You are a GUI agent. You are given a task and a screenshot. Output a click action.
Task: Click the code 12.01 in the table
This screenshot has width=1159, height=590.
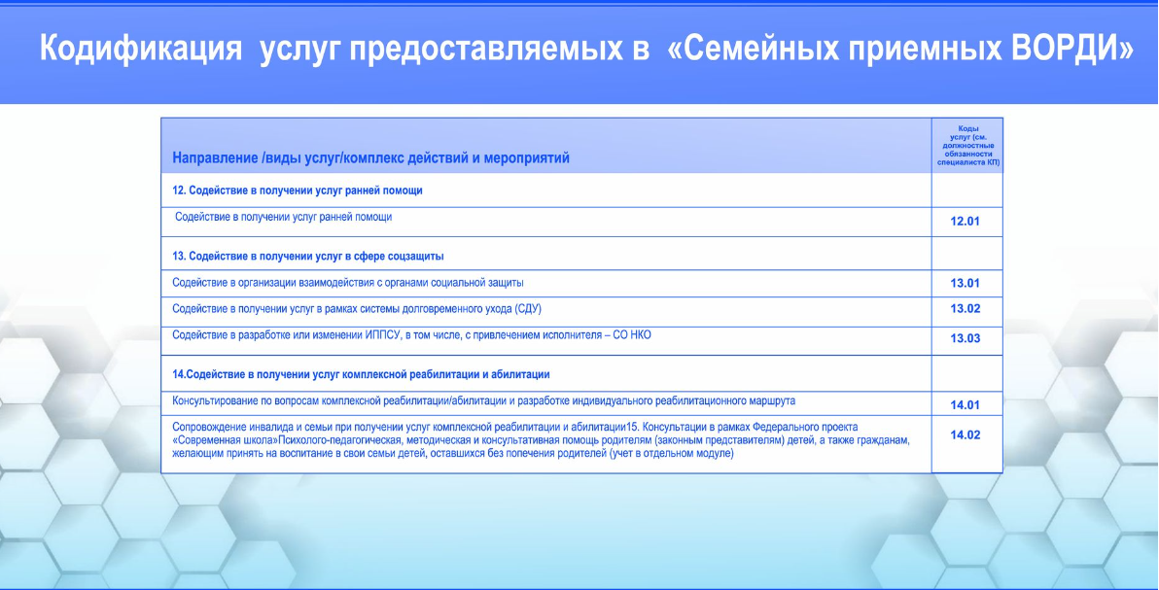click(965, 221)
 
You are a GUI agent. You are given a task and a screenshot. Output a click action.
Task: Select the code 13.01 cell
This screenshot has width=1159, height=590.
click(965, 283)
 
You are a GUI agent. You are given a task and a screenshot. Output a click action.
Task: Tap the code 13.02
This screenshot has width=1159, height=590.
click(965, 309)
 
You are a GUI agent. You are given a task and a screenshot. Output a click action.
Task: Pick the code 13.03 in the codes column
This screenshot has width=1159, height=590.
click(965, 338)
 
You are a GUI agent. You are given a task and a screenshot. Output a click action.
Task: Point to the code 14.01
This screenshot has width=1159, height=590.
click(965, 405)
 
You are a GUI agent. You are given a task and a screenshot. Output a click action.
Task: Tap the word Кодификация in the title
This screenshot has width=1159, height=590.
click(141, 50)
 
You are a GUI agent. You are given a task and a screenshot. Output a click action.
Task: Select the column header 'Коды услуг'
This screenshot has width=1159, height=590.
click(966, 145)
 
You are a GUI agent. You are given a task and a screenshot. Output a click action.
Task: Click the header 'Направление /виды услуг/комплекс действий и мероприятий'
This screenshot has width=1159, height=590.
click(371, 158)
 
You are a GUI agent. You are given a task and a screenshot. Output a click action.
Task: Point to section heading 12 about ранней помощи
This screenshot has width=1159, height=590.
click(298, 191)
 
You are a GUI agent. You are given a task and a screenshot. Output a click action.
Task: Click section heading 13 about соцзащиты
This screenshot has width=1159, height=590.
click(307, 257)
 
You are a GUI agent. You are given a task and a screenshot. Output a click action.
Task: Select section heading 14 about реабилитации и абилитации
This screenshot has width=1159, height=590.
click(361, 375)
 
